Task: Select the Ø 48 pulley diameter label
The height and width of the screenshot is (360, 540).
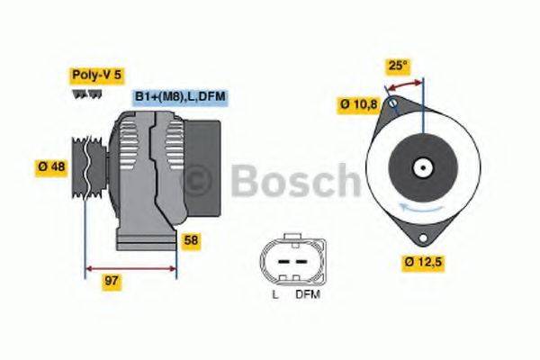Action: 51,166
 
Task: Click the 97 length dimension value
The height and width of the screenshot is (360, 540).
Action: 112,282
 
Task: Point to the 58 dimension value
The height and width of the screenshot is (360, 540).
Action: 191,240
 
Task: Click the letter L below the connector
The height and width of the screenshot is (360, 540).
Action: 274,294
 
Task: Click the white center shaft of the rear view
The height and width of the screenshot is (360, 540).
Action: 420,167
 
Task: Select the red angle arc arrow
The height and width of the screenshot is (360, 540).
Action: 404,84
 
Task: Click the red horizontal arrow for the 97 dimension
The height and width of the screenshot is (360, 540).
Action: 130,267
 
